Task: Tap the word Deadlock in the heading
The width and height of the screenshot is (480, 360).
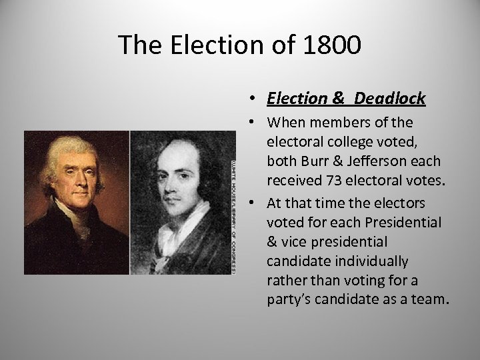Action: (x=390, y=99)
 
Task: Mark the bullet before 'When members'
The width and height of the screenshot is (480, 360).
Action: (x=257, y=123)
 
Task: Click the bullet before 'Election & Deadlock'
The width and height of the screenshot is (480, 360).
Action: (x=257, y=99)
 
